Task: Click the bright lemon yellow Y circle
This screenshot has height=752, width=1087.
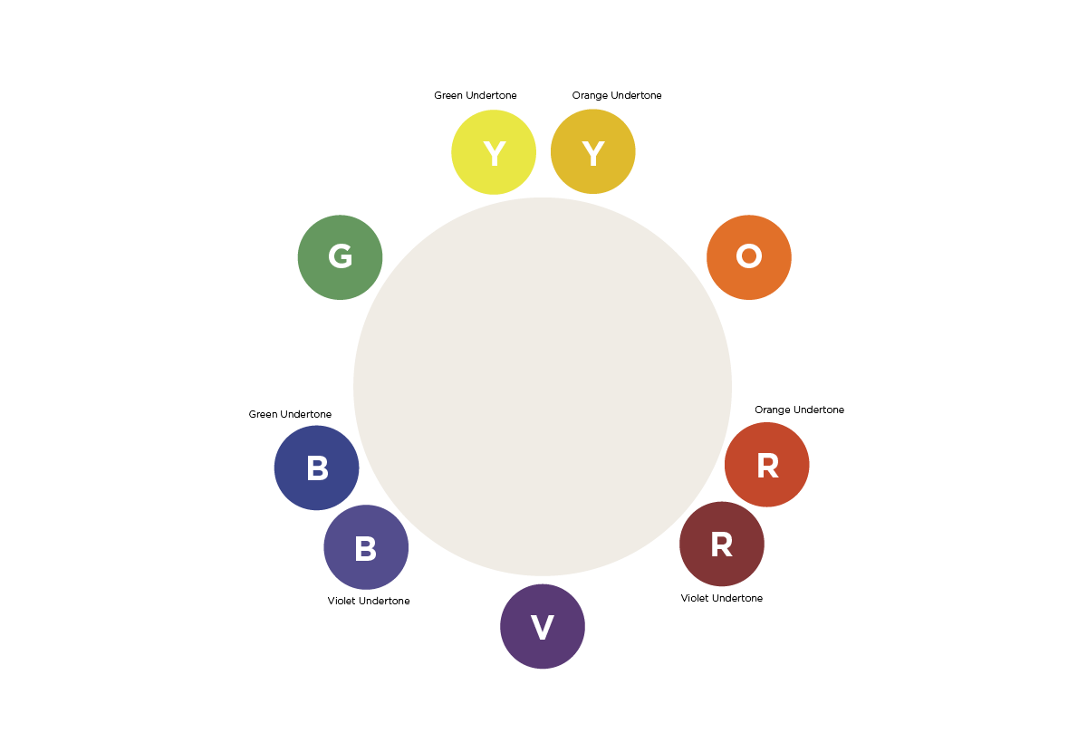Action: tap(494, 152)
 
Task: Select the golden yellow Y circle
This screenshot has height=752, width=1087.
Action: tap(593, 151)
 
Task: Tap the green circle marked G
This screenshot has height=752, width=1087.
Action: tap(341, 257)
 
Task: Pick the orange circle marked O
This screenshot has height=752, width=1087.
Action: tap(749, 257)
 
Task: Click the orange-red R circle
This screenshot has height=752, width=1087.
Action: tap(766, 465)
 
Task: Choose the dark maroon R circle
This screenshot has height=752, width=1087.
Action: tap(722, 544)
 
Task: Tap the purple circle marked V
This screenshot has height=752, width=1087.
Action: tap(543, 626)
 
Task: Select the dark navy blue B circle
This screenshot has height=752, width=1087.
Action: tap(316, 468)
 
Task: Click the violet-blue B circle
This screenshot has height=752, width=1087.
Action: tap(366, 547)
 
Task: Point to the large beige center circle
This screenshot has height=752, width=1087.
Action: tap(543, 387)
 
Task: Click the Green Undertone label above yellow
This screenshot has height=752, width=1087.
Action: tap(475, 95)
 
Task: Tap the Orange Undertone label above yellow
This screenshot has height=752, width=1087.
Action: tap(617, 95)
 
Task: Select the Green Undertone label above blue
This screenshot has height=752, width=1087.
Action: tap(290, 414)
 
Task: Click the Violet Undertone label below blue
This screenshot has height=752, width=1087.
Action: tap(369, 601)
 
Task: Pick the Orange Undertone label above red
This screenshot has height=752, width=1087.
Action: tap(799, 410)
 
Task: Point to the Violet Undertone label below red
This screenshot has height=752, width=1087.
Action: tap(722, 598)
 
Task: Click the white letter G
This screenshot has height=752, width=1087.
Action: tap(341, 255)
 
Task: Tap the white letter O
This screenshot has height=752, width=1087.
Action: tap(749, 255)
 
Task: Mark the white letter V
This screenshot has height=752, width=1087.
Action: tap(543, 627)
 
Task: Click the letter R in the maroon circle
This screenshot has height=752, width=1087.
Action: tap(722, 545)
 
